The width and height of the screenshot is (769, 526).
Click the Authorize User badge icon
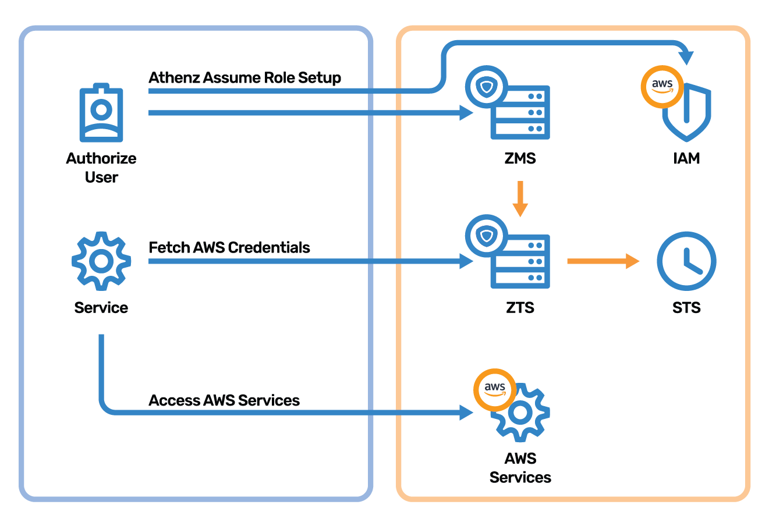click(101, 112)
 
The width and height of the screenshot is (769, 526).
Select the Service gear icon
click(101, 261)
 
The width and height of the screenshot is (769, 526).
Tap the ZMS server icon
click(508, 102)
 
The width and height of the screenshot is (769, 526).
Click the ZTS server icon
click(508, 251)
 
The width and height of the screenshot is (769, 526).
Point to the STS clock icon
click(686, 261)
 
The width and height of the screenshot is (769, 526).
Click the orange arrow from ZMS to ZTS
click(520, 199)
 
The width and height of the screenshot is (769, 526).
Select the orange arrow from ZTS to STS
click(603, 261)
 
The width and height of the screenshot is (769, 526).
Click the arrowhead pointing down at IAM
click(686, 58)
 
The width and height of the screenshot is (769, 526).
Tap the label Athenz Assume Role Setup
click(244, 78)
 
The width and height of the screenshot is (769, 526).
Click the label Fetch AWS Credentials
click(229, 247)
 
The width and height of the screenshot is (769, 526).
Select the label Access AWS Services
click(224, 400)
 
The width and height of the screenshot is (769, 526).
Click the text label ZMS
click(520, 158)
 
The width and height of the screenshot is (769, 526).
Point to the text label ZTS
click(520, 307)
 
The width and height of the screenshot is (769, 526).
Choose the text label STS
click(686, 307)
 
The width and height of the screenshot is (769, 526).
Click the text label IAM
click(686, 158)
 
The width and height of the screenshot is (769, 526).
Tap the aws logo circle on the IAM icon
click(662, 87)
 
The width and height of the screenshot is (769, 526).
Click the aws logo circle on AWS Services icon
click(495, 390)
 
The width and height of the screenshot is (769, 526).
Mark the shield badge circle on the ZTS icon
click(487, 236)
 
